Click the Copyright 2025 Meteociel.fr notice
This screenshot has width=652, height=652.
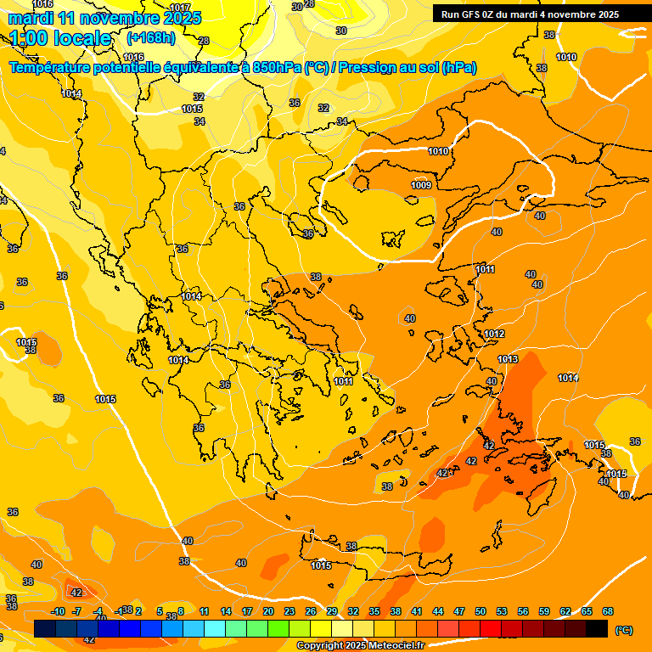pyautogui.click(x=361, y=646)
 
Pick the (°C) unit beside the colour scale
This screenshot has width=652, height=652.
pyautogui.click(x=624, y=630)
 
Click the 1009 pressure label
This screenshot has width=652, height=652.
pyautogui.click(x=421, y=185)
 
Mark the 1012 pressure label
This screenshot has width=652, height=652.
pyautogui.click(x=495, y=334)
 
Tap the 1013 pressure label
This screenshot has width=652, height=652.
pyautogui.click(x=508, y=359)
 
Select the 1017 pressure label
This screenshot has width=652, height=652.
pyautogui.click(x=180, y=8)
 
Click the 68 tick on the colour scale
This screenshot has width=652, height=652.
pyautogui.click(x=608, y=611)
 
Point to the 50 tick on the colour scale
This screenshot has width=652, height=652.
pyautogui.click(x=481, y=611)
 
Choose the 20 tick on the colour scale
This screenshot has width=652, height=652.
pyautogui.click(x=268, y=611)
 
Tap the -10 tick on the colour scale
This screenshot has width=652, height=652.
pyautogui.click(x=58, y=611)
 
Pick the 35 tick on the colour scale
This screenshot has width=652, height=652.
pyautogui.click(x=374, y=611)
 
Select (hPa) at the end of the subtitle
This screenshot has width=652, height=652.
pyautogui.click(x=458, y=68)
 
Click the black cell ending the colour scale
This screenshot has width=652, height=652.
pyautogui.click(x=597, y=628)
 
